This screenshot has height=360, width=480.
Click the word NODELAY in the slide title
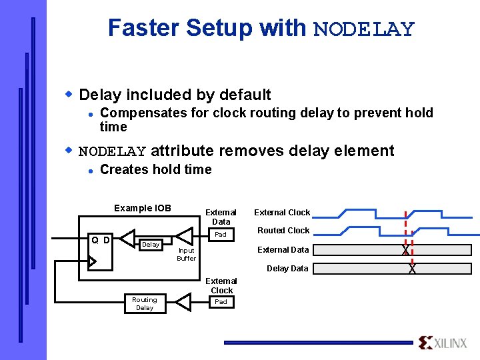coord(363,29)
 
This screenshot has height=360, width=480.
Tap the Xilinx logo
coord(443,343)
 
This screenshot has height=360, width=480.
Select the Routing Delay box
coord(144,303)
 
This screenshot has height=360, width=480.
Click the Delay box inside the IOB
coord(151,245)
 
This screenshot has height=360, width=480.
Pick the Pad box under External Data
coord(221,235)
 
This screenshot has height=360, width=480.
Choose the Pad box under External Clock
coord(221,302)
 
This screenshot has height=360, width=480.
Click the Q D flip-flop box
coord(101,250)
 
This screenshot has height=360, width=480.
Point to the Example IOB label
coord(142,208)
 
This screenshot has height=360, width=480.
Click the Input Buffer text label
coord(186,254)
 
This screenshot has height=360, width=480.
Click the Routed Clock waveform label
coord(283,231)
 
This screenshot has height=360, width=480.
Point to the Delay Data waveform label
coord(287,268)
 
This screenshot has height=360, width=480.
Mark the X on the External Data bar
coord(405,250)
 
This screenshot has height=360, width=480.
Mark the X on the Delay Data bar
coord(412,269)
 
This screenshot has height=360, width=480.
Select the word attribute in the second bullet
coord(182,151)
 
